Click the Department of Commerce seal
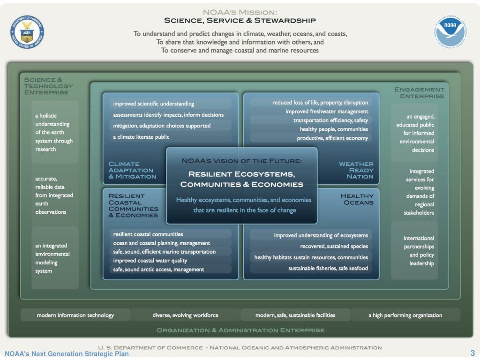click(x=27, y=31)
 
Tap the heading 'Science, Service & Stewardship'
click(x=240, y=21)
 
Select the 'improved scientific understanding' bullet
click(x=153, y=104)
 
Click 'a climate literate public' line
click(x=141, y=137)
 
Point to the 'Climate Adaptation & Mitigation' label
click(x=132, y=170)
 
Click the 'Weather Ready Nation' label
click(x=356, y=170)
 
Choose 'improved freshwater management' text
click(x=327, y=112)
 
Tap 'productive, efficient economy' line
click(x=332, y=138)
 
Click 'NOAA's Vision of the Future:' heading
click(x=241, y=161)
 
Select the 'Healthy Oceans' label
click(x=357, y=199)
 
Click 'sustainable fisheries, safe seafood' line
click(x=328, y=268)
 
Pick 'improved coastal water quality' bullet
click(x=150, y=260)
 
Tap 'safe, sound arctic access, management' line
click(x=158, y=269)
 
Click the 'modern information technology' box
click(x=75, y=315)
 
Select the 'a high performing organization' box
click(x=405, y=315)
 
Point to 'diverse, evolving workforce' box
click(x=185, y=315)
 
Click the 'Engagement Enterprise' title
click(x=419, y=92)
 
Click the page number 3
click(x=472, y=353)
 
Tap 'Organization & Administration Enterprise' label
click(x=240, y=330)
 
